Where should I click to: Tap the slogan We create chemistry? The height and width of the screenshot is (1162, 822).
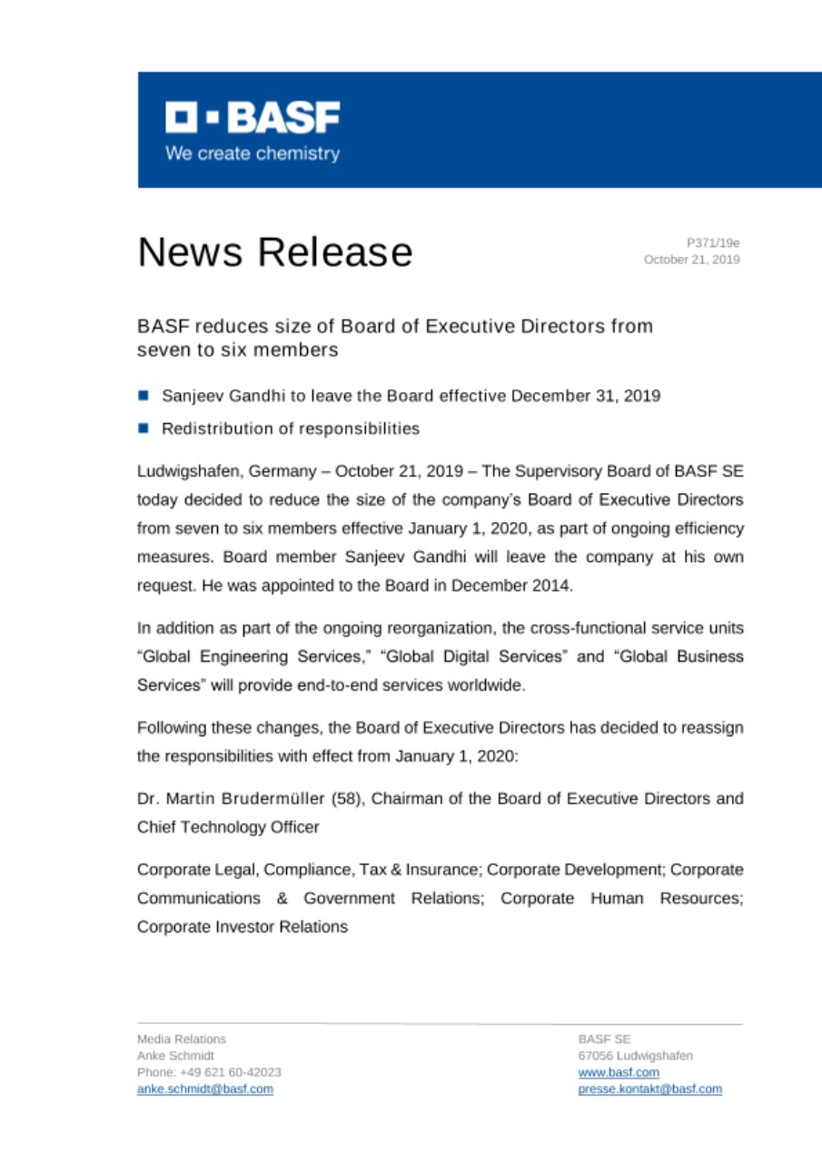(253, 153)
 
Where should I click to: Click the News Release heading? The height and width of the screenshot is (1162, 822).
(274, 251)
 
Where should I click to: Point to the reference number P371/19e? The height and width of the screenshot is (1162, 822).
(713, 242)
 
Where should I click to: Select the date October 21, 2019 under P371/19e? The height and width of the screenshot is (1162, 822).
(691, 260)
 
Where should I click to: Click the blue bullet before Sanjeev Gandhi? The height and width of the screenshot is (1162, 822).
(143, 396)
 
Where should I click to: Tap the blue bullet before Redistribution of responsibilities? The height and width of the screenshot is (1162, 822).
(143, 427)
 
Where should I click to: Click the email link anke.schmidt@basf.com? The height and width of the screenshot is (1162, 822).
(204, 1089)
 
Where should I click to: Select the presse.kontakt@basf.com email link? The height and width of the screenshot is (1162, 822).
(649, 1089)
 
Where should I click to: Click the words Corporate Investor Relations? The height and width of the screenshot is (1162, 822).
(243, 928)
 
